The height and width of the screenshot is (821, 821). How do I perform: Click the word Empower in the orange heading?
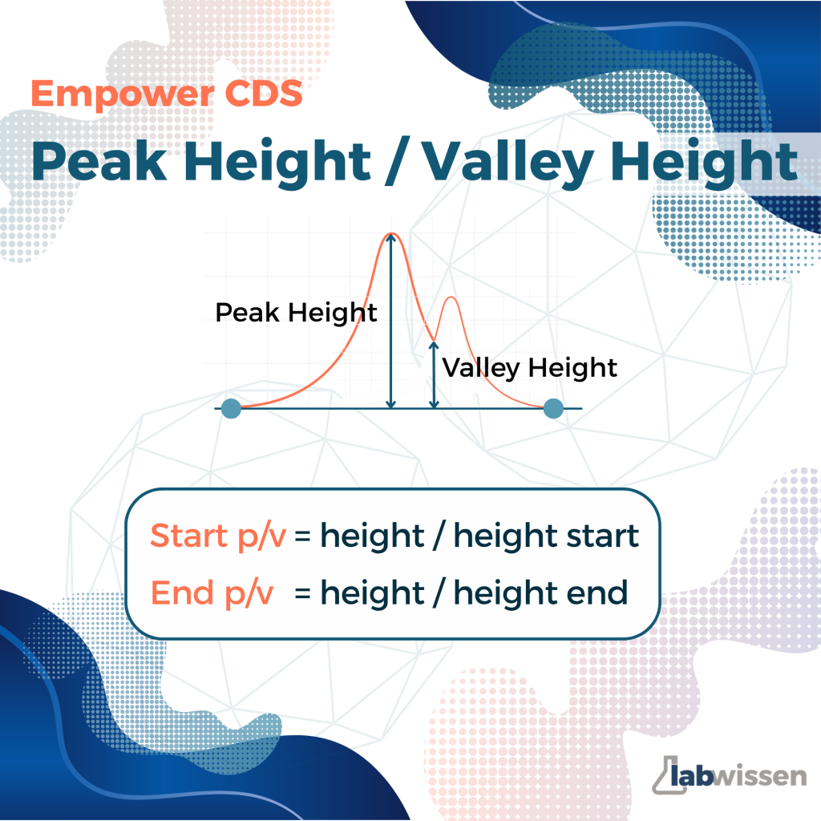pyautogui.click(x=123, y=95)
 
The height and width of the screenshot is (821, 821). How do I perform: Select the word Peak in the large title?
pyautogui.click(x=99, y=161)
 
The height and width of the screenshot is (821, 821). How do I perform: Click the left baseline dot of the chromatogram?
pyautogui.click(x=231, y=408)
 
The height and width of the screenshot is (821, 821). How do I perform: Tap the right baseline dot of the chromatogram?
pyautogui.click(x=553, y=408)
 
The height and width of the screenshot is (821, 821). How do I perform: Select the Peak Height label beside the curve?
pyautogui.click(x=296, y=313)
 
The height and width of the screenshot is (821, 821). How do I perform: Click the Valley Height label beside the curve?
pyautogui.click(x=529, y=367)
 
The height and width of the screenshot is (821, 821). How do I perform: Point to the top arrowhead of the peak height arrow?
pyautogui.click(x=390, y=237)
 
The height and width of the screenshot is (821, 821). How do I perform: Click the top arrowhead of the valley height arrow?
pyautogui.click(x=434, y=346)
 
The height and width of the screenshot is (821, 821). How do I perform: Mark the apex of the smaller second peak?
pyautogui.click(x=451, y=297)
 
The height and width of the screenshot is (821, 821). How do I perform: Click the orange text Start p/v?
pyautogui.click(x=218, y=536)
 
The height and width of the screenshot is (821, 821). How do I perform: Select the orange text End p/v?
pyautogui.click(x=212, y=594)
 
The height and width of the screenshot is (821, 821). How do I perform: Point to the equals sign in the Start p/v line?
pyautogui.click(x=302, y=536)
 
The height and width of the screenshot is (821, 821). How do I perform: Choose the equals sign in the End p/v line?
pyautogui.click(x=302, y=594)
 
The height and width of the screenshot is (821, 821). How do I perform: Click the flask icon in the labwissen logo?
pyautogui.click(x=667, y=774)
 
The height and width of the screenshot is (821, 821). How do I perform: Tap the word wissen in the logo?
pyautogui.click(x=760, y=775)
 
